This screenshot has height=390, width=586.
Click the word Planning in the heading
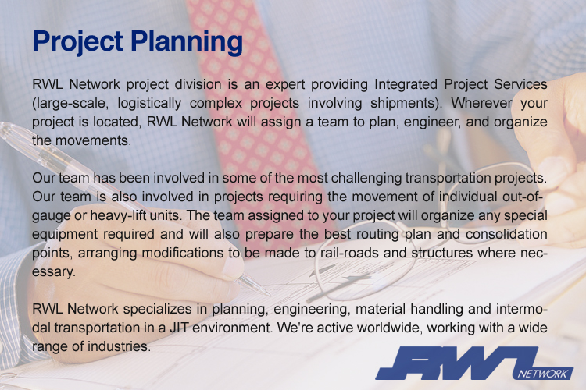click(187, 42)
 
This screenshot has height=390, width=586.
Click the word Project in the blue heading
click(77, 42)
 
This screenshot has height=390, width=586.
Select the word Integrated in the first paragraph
click(406, 85)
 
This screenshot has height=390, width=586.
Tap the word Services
click(520, 84)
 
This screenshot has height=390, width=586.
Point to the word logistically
click(149, 104)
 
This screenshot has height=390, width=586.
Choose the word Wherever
click(481, 103)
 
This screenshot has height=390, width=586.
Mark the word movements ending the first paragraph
click(93, 140)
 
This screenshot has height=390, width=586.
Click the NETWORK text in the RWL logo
click(543, 374)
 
